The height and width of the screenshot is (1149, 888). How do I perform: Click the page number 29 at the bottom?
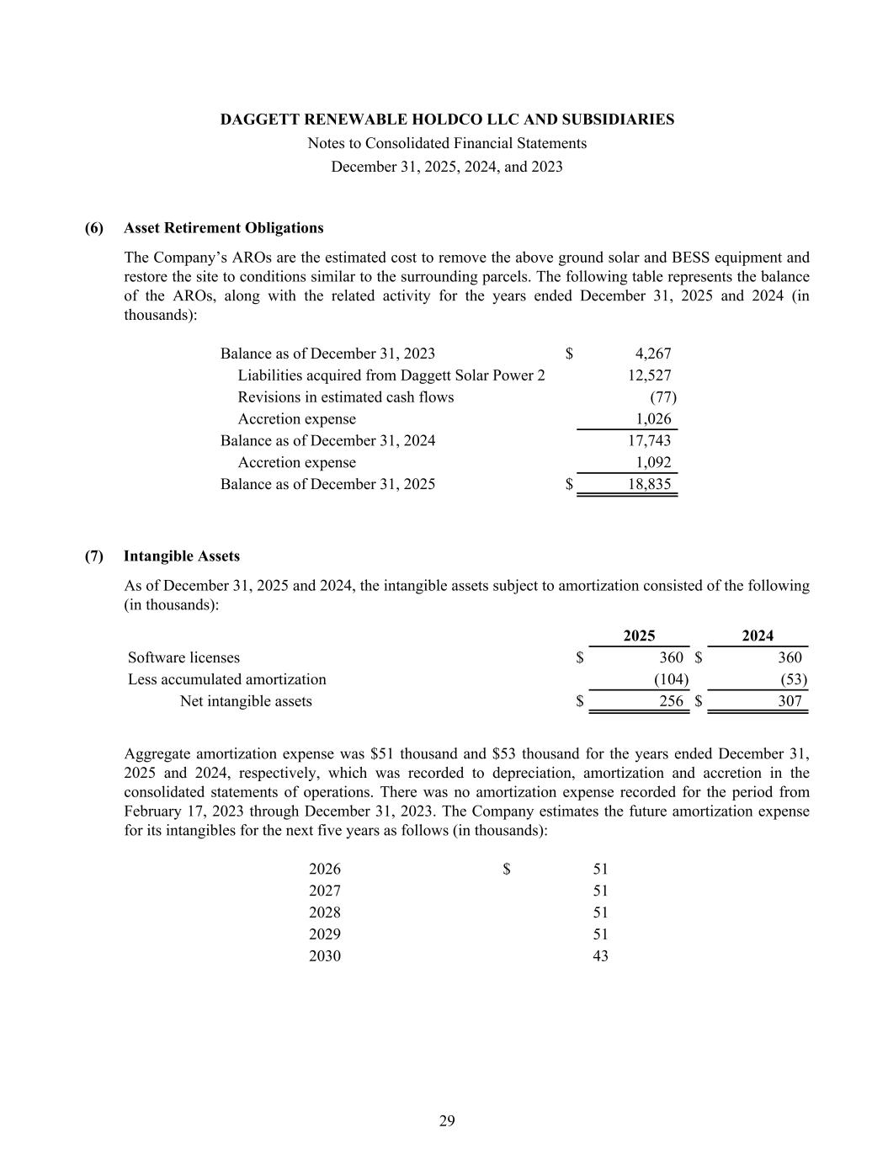click(447, 1120)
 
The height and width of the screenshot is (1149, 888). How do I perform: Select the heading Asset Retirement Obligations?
click(223, 228)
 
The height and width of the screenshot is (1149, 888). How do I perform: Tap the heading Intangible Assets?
click(181, 556)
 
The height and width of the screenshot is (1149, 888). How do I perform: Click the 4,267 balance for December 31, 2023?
click(653, 354)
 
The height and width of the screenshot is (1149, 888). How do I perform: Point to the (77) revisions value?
click(663, 397)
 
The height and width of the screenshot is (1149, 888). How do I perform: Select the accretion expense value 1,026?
click(653, 419)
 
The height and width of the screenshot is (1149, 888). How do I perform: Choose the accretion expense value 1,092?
click(653, 463)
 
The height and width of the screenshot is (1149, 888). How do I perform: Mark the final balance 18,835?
click(649, 485)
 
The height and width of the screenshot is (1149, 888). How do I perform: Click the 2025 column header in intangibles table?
click(639, 636)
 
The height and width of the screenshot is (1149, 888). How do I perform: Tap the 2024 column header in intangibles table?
click(757, 636)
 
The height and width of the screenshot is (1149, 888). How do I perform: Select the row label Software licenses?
click(183, 658)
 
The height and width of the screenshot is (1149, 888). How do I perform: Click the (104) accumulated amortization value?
click(671, 680)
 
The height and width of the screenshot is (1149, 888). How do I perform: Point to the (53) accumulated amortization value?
click(793, 680)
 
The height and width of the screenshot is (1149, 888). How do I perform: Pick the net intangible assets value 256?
click(671, 702)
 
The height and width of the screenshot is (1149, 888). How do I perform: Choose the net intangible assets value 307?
click(790, 702)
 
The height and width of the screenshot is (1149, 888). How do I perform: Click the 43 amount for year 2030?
click(600, 956)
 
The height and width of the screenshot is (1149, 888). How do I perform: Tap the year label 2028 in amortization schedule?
click(325, 912)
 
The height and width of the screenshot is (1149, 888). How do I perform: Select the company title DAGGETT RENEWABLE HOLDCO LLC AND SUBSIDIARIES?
click(447, 120)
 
